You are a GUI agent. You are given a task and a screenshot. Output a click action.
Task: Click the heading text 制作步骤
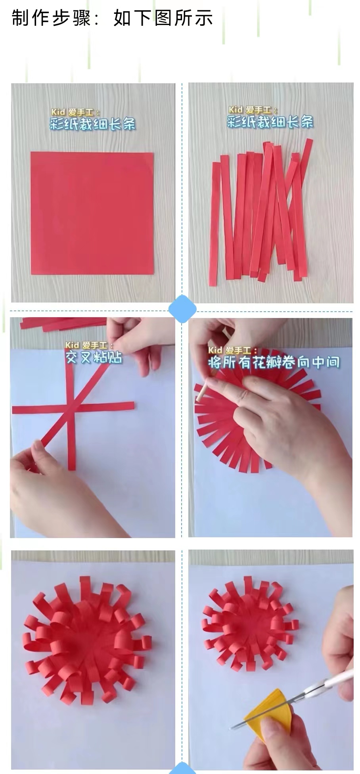point(52,18)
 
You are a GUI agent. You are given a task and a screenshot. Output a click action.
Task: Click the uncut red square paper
point(92,213)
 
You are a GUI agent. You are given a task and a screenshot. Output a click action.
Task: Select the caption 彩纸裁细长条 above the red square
point(92,124)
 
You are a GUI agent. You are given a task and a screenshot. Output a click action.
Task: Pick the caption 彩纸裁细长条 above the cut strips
point(270,122)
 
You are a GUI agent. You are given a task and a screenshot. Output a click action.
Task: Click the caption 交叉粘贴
point(94,358)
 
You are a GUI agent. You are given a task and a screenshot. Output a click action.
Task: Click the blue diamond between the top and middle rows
point(182,309)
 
